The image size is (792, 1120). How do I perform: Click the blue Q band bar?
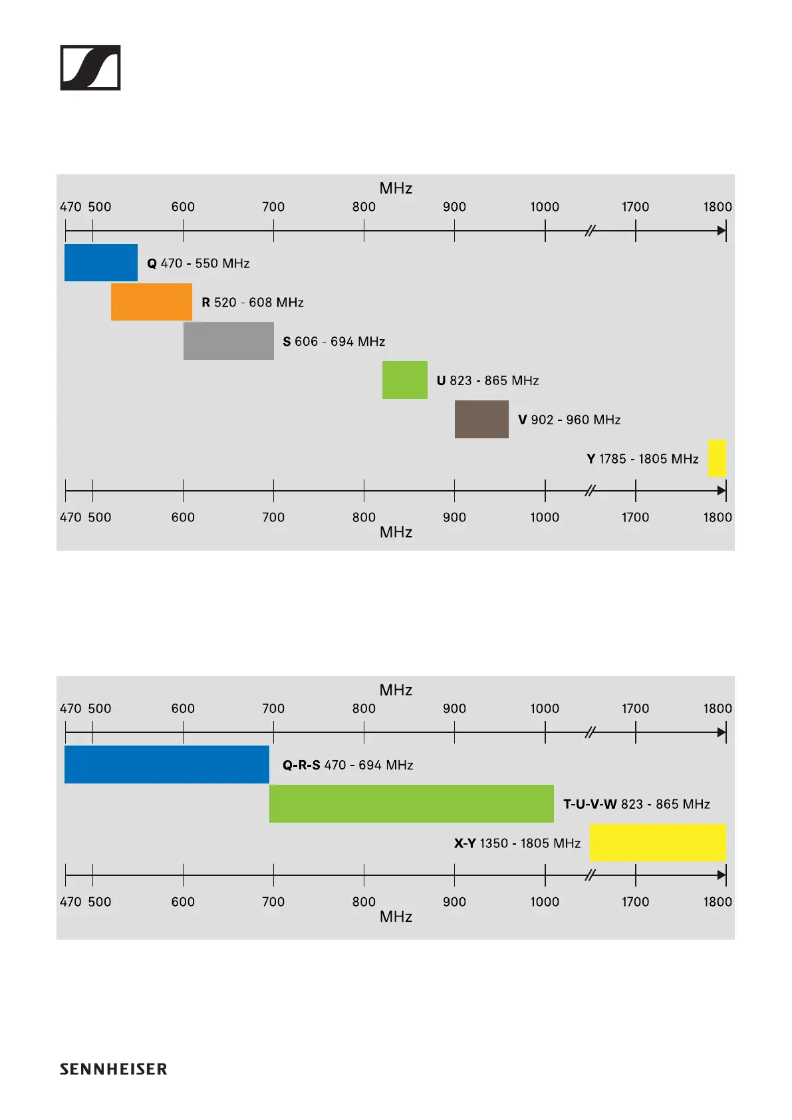click(x=100, y=263)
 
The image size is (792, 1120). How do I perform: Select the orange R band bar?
click(x=151, y=302)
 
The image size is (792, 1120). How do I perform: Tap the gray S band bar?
click(x=228, y=341)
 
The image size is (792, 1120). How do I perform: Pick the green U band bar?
click(x=404, y=380)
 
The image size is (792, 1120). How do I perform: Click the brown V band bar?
click(x=481, y=419)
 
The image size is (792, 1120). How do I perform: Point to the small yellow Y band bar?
click(x=717, y=458)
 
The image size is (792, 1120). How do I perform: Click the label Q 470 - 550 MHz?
click(x=198, y=263)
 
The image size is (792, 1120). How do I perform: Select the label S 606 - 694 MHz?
click(x=334, y=342)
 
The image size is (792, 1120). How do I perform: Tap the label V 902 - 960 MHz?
click(x=569, y=420)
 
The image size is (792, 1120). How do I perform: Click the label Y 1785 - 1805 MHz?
click(x=642, y=459)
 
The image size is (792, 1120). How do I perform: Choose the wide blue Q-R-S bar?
click(x=166, y=764)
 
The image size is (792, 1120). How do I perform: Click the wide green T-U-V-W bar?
click(x=411, y=803)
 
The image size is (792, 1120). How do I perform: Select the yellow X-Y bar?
click(x=658, y=843)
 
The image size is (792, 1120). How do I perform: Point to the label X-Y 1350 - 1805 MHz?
click(x=517, y=843)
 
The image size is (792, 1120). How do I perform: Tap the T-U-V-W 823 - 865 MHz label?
click(x=636, y=804)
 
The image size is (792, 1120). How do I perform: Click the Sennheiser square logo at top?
click(x=90, y=68)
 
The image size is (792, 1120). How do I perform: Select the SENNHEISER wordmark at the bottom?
click(x=113, y=1069)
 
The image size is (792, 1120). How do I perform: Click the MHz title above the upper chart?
click(x=396, y=188)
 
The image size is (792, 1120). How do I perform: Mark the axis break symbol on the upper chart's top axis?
click(x=590, y=231)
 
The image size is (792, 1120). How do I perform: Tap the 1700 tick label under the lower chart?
click(x=635, y=902)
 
